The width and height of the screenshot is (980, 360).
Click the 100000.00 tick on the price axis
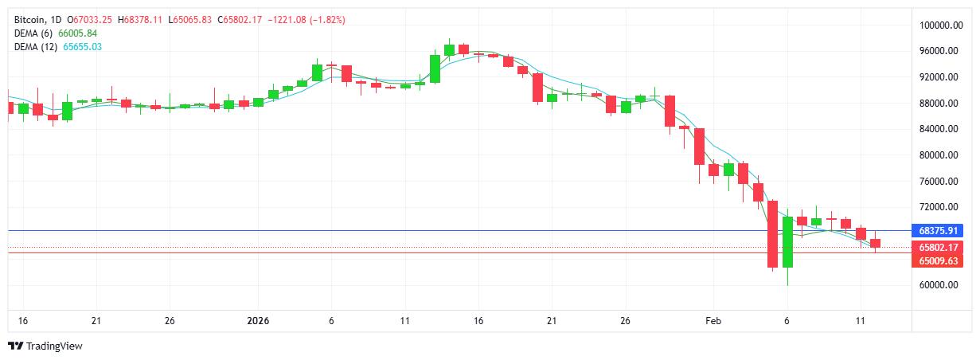[938, 25]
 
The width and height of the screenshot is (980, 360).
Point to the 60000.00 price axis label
[938, 285]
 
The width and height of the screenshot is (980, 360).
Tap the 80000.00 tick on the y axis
[938, 155]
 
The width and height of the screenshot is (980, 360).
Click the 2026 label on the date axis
[258, 321]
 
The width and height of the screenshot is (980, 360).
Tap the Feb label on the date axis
[713, 321]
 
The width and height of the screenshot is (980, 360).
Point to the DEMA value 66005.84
[78, 33]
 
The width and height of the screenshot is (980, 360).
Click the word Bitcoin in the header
[29, 19]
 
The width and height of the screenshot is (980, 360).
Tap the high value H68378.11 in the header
[143, 19]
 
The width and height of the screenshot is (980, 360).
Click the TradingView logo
[45, 346]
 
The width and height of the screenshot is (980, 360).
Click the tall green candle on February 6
[787, 241]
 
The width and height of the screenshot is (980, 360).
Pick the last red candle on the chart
[875, 244]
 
